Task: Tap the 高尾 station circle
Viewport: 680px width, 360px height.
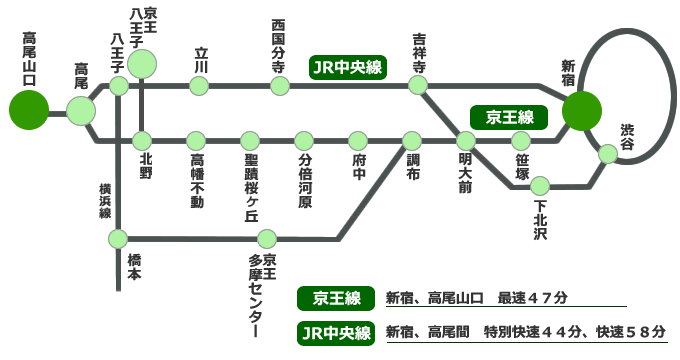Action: pos(81,110)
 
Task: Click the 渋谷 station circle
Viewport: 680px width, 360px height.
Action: pos(607,154)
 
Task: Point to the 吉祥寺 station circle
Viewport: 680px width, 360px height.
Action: pos(419,85)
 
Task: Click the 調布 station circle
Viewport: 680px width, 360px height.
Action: pos(412,140)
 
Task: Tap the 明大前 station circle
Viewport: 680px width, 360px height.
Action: pos(466,140)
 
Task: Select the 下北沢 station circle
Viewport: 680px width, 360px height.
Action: pos(541,185)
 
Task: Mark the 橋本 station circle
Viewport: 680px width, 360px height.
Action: pos(119,238)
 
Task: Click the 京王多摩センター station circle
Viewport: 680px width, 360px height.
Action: pos(267,238)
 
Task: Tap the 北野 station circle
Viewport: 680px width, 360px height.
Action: pos(142,140)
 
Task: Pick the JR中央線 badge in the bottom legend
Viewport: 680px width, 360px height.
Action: pos(335,331)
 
